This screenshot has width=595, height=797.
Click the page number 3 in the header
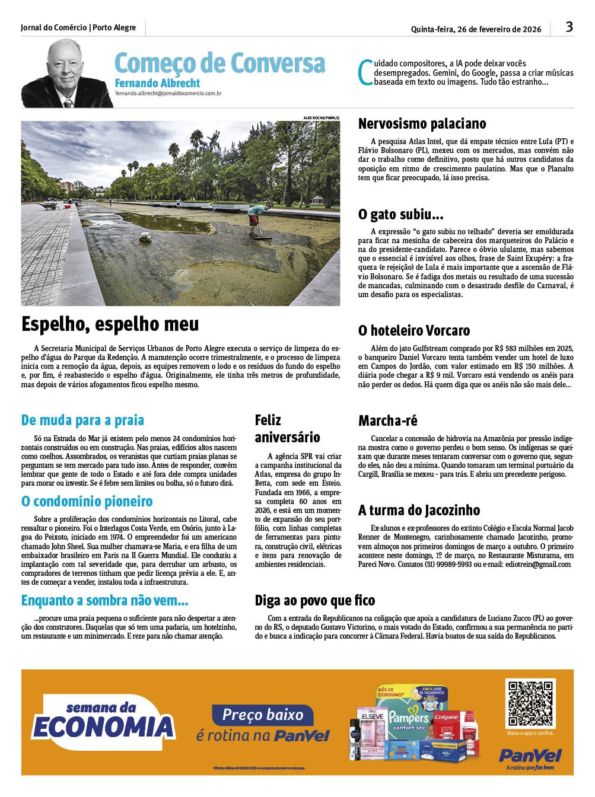pos(569,27)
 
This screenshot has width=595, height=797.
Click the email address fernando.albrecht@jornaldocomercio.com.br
pos(168,94)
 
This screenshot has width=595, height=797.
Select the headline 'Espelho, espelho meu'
pos(110,324)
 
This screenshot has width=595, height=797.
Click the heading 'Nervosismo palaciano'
pos(422,123)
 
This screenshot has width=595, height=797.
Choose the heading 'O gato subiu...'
pos(400,213)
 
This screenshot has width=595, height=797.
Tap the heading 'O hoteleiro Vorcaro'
pos(413,330)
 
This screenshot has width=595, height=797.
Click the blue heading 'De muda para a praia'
pos(82,420)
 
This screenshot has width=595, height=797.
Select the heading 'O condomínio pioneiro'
pos(87,502)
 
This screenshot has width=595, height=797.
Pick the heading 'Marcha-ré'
pos(387,421)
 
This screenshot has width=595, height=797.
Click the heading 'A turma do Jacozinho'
pos(419,510)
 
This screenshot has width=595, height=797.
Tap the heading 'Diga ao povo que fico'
pos(314,601)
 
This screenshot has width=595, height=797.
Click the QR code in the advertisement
pos(530,703)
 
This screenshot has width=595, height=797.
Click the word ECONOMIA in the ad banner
pos(103,727)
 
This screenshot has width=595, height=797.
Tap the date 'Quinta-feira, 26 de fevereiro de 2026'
pos(476,29)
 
